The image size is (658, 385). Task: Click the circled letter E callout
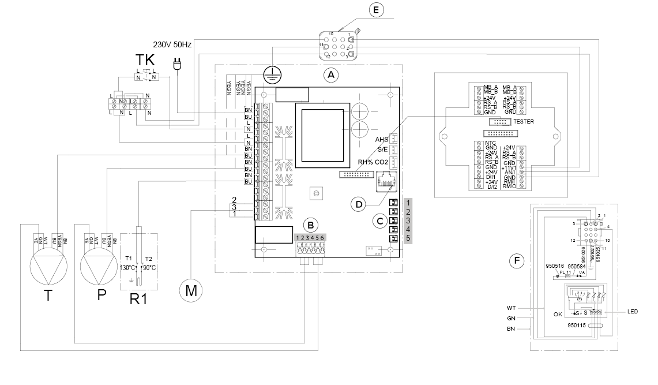tap(376, 10)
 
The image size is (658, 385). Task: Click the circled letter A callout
tap(330, 74)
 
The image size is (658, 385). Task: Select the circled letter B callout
tap(311, 224)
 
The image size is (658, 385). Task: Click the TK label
tap(145, 60)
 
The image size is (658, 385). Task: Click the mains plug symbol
tap(178, 65)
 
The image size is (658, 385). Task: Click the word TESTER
tap(524, 122)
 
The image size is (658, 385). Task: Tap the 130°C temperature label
tap(127, 268)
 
